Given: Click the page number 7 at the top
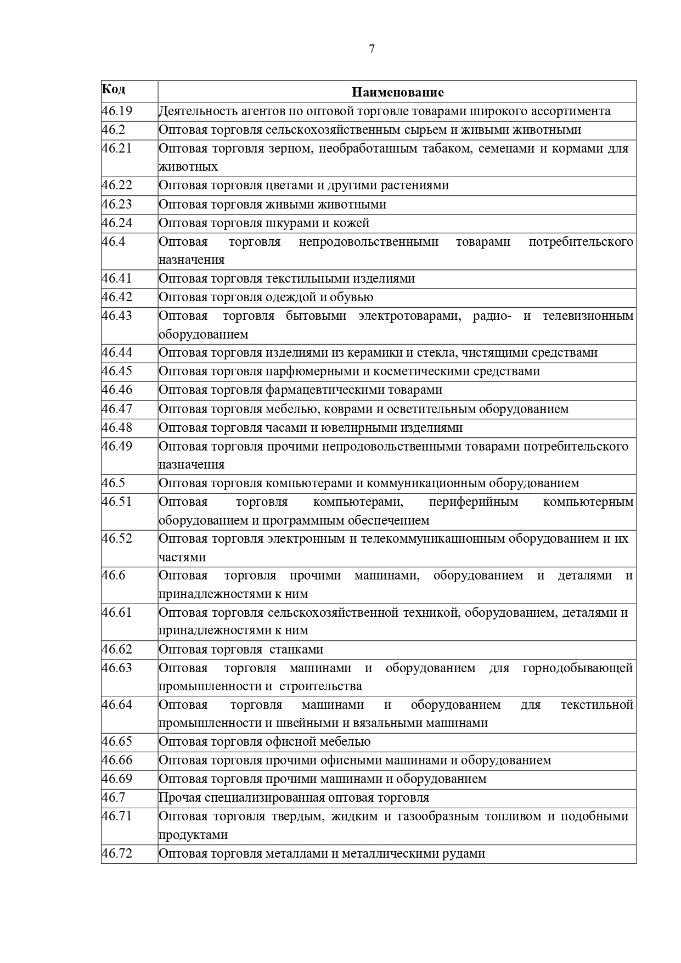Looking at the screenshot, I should [x=372, y=49].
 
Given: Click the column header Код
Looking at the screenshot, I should [x=114, y=89].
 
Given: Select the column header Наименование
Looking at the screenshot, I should [x=397, y=92].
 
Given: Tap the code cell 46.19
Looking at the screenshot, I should [x=117, y=111].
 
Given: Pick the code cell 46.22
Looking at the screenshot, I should [x=117, y=185].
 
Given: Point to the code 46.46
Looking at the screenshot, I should [x=117, y=390].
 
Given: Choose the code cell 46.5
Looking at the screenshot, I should [x=114, y=483].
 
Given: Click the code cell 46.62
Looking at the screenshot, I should [x=117, y=649].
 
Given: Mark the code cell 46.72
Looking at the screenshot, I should [x=117, y=853].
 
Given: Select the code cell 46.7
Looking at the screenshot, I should [x=114, y=797].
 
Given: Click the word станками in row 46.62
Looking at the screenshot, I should [x=296, y=650].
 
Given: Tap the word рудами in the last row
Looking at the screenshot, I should [x=466, y=854].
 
